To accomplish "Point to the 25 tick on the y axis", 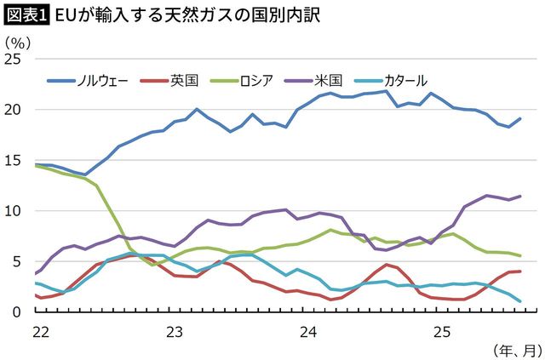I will pyautogui.click(x=15, y=59).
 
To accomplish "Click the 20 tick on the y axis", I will pyautogui.click(x=15, y=110).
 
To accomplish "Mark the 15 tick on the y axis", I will pyautogui.click(x=15, y=160).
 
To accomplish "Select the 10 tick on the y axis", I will pyautogui.click(x=15, y=210).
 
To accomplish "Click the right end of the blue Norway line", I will pyautogui.click(x=520, y=119).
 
